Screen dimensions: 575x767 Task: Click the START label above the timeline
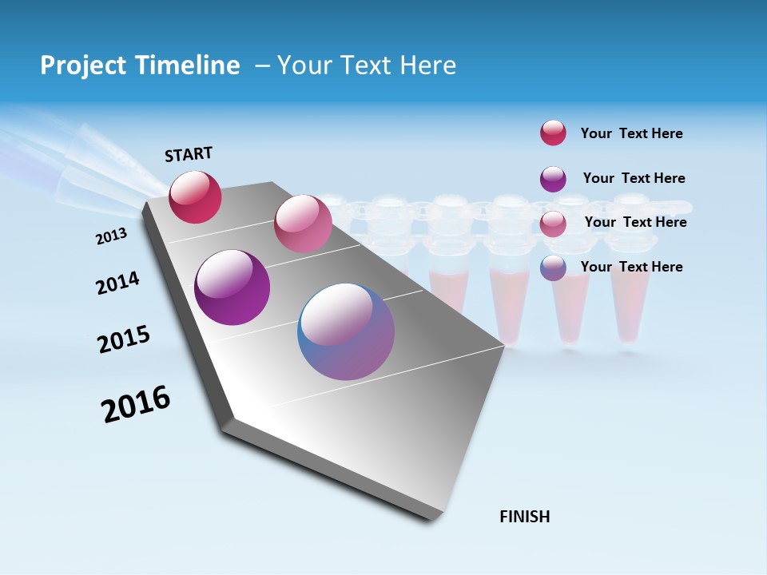point(189,154)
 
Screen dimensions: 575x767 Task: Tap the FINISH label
point(524,517)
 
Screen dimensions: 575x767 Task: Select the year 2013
point(111,236)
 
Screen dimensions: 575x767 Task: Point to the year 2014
point(117,284)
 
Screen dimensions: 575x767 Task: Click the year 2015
point(124,339)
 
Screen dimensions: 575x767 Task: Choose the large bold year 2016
point(136,404)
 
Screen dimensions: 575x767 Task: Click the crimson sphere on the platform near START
point(195,197)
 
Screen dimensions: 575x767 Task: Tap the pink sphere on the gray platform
point(303,224)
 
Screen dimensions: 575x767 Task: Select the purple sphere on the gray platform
point(232,287)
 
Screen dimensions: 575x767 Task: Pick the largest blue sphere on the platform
point(346,331)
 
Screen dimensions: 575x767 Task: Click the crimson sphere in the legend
point(553,133)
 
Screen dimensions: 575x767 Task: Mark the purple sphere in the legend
point(553,179)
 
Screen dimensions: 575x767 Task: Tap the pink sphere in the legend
point(553,224)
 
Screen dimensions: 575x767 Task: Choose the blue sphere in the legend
point(553,268)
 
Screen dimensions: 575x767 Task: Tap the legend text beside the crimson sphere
point(631,134)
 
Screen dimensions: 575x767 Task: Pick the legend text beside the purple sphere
point(634,178)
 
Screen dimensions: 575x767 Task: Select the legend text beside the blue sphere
point(631,267)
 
